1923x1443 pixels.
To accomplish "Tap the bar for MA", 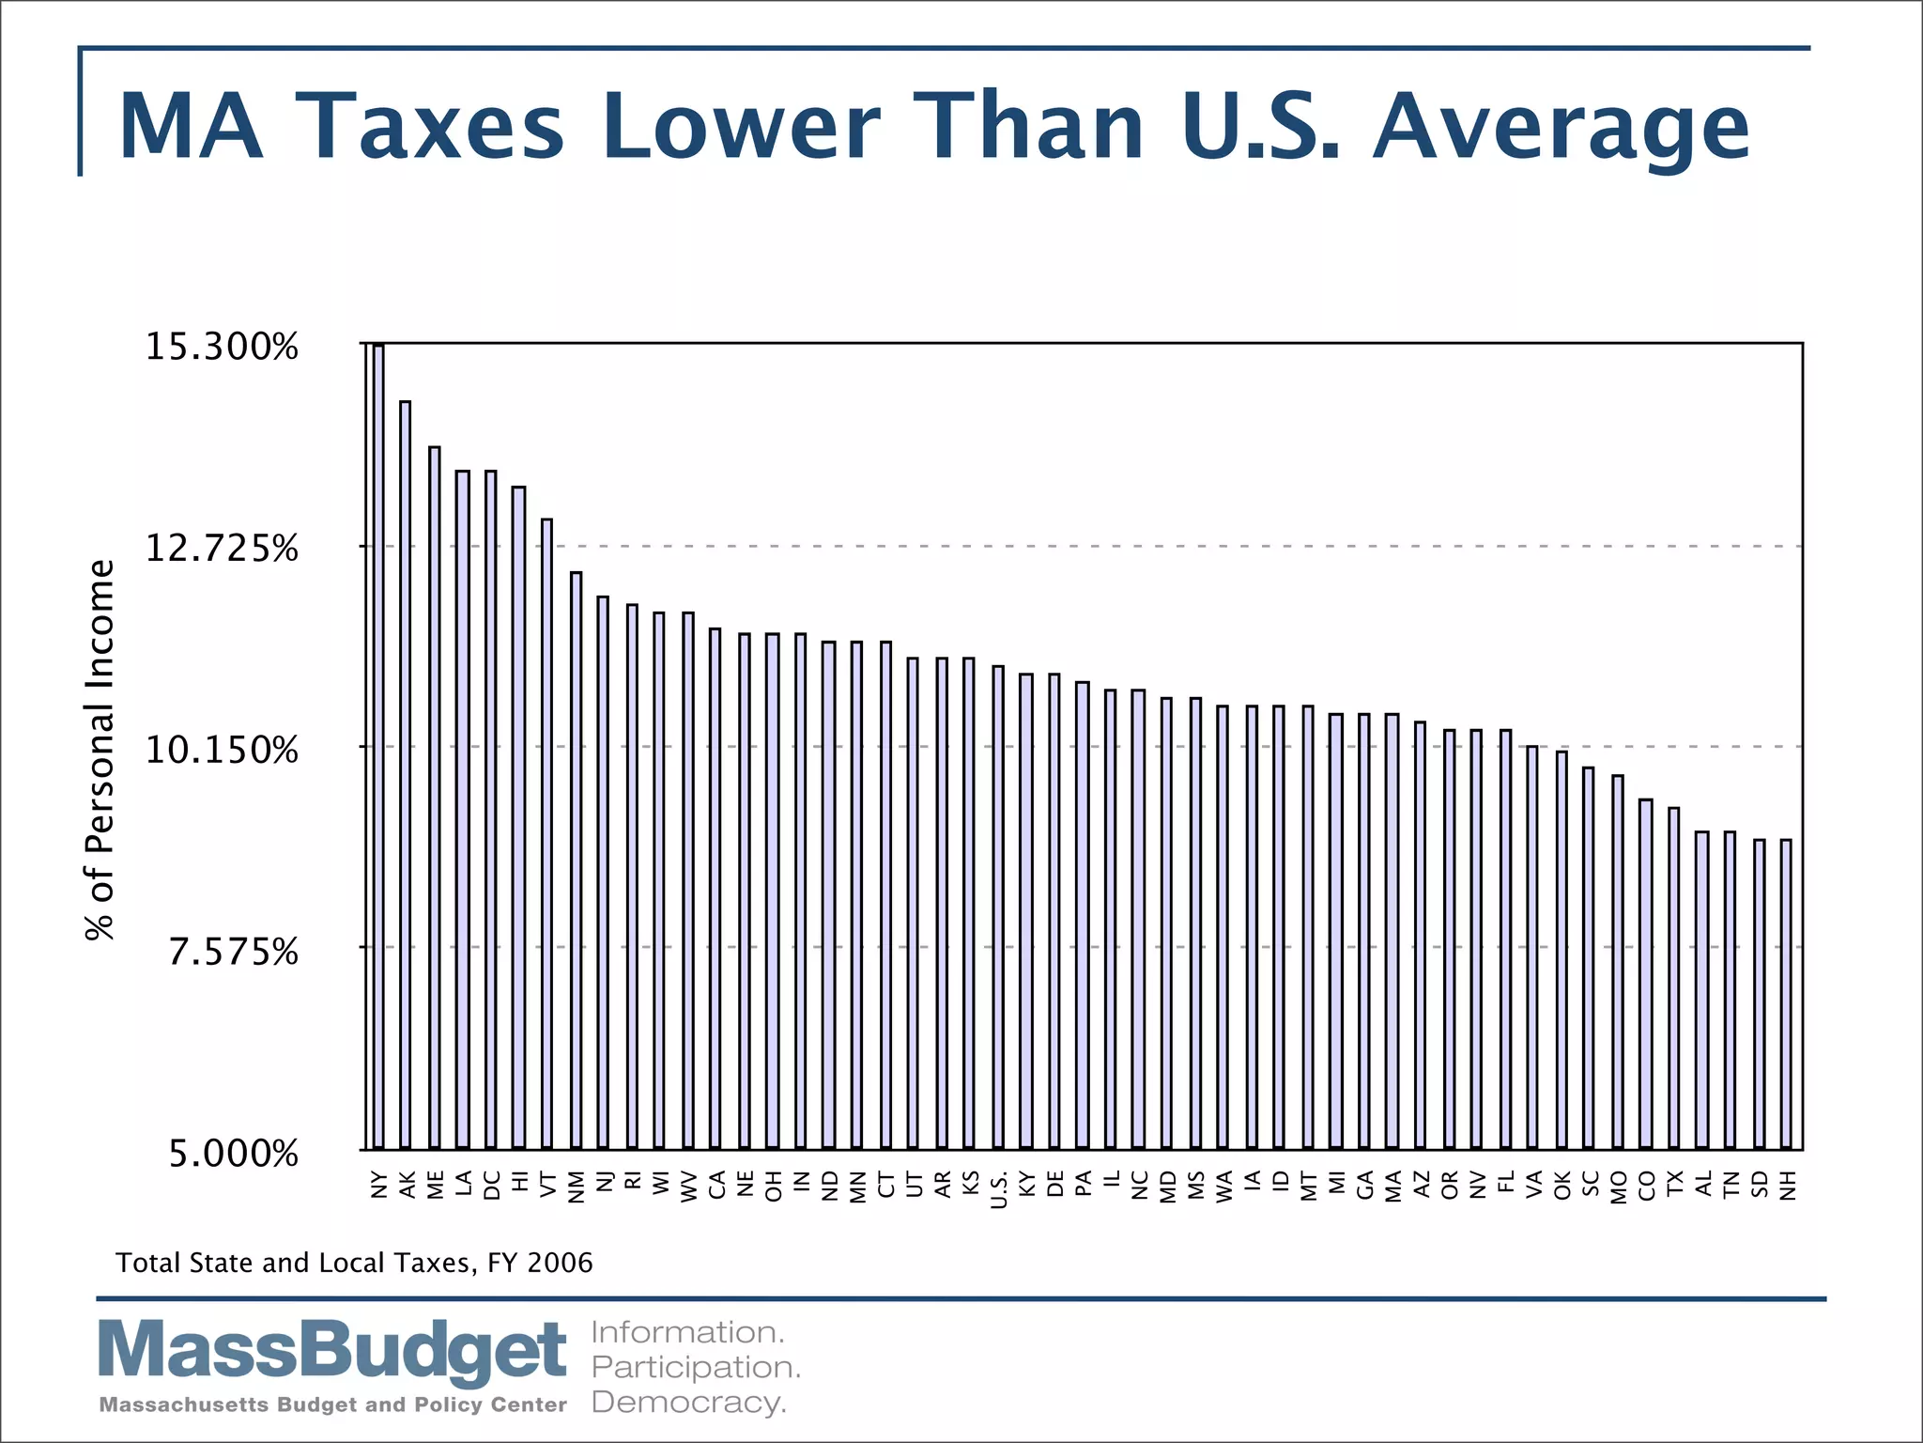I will tap(1392, 931).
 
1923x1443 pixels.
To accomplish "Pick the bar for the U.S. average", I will tap(998, 908).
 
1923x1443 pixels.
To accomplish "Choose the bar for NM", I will tap(576, 861).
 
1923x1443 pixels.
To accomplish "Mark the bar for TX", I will tap(1673, 978).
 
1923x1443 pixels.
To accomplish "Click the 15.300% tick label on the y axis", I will tap(222, 348).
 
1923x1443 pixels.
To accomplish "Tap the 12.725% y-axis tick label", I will tap(222, 548).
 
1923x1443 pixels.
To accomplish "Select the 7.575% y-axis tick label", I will tap(233, 952).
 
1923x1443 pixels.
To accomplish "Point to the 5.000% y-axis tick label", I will tap(233, 1154).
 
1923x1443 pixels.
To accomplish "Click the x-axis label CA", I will tap(716, 1186).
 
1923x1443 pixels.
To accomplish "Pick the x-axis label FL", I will tap(1505, 1183).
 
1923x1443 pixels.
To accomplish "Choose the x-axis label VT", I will tap(547, 1186).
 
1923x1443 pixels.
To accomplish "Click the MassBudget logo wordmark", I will tap(332, 1353).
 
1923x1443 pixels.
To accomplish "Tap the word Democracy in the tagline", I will tap(688, 1404).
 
